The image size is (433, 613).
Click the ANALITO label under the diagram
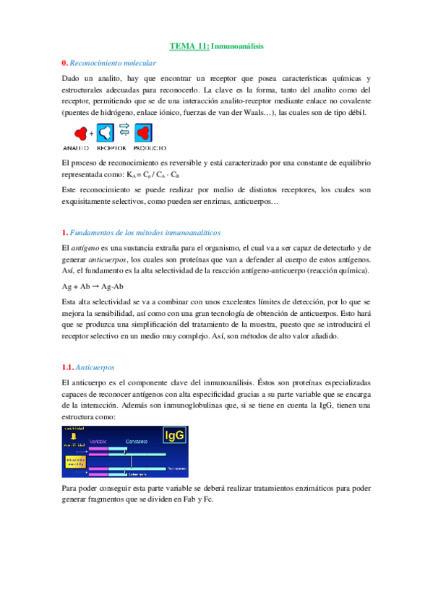pos(75,148)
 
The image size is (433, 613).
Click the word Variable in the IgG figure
pos(98,440)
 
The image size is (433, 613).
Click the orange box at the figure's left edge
pos(74,460)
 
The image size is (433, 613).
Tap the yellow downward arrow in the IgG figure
pos(74,437)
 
